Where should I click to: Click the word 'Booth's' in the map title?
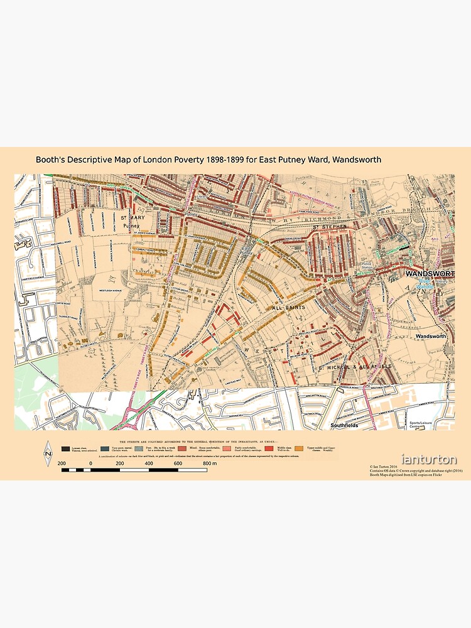pyautogui.click(x=51, y=160)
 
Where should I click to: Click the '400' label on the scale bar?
pyautogui.click(x=149, y=463)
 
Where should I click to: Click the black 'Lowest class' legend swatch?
pyautogui.click(x=65, y=450)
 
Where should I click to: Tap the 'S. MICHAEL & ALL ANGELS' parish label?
pyautogui.click(x=354, y=365)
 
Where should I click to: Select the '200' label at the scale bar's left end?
pyautogui.click(x=62, y=463)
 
